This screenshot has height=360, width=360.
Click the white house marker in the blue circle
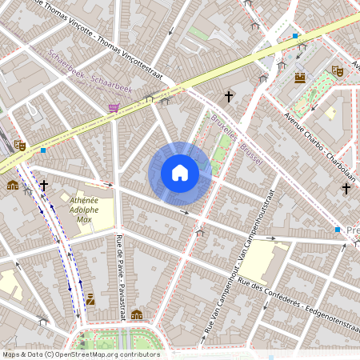[180, 173]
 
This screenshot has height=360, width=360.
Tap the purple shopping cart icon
[114, 106]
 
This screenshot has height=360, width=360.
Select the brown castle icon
[300, 78]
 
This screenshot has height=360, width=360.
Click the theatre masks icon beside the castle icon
[337, 71]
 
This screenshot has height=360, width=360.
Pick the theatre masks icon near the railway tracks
[20, 145]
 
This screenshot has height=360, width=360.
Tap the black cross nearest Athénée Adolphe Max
[44, 186]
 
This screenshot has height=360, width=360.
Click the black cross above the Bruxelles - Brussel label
[228, 97]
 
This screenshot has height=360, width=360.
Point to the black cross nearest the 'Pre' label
[346, 189]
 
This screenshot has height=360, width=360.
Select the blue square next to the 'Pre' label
[338, 230]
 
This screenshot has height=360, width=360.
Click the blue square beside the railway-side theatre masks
[43, 150]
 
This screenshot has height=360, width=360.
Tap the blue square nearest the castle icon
[295, 36]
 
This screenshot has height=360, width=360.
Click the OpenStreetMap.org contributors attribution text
[80, 354]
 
